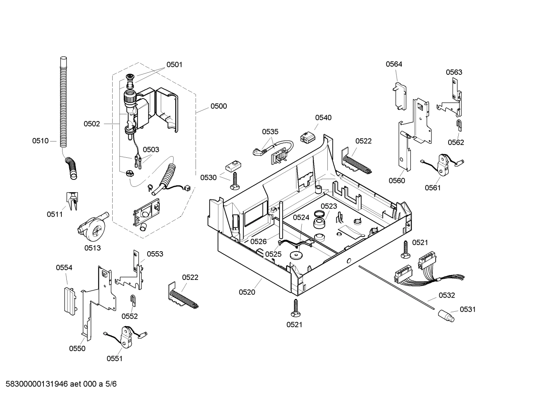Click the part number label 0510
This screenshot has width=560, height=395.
(40, 141)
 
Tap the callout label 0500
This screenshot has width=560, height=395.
(219, 106)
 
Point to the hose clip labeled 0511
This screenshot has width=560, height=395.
(72, 200)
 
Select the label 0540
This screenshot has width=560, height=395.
(323, 117)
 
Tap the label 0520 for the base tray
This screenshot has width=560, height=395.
(247, 292)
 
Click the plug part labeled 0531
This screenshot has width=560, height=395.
(446, 315)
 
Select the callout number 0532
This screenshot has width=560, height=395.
(447, 295)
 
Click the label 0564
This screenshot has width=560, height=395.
(394, 64)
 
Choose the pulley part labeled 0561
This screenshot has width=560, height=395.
(443, 164)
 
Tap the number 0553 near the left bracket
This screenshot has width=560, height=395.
(155, 254)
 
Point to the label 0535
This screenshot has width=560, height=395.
(270, 132)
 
